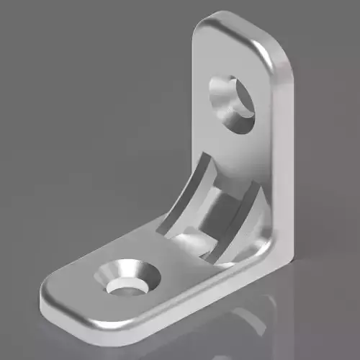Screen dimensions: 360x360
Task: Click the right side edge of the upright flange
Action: tap(288, 158)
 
